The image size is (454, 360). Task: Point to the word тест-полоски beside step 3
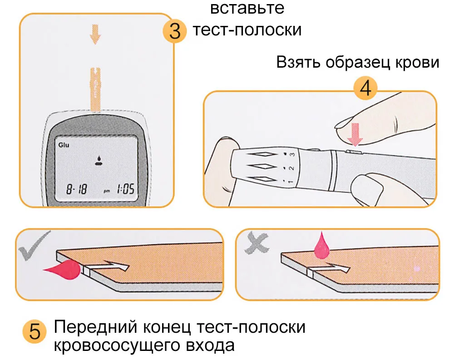pyautogui.click(x=247, y=30)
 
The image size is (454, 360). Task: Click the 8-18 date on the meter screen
pyautogui.click(x=77, y=189)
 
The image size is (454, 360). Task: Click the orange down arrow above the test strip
pyautogui.click(x=95, y=35)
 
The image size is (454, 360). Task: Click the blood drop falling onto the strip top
pyautogui.click(x=322, y=246)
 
